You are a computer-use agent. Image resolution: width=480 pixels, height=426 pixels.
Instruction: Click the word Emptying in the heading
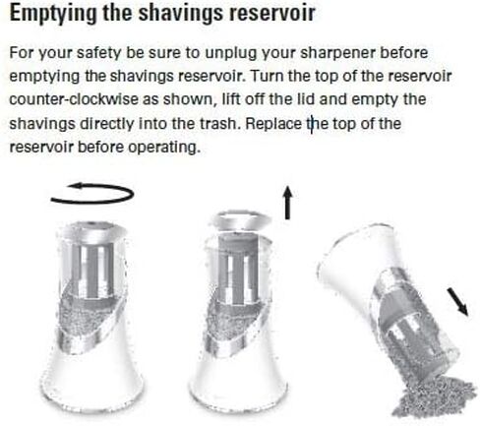52,14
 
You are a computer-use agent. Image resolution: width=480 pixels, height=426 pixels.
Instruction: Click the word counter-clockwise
74,99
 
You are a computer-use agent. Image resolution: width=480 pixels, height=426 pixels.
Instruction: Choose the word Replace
272,124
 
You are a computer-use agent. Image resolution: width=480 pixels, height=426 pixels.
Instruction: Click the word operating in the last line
163,148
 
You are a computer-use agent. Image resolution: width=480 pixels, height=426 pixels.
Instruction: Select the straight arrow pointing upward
287,203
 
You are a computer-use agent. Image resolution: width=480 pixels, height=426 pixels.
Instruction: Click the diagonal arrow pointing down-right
458,302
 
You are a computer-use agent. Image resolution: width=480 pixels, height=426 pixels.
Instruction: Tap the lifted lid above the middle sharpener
241,220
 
